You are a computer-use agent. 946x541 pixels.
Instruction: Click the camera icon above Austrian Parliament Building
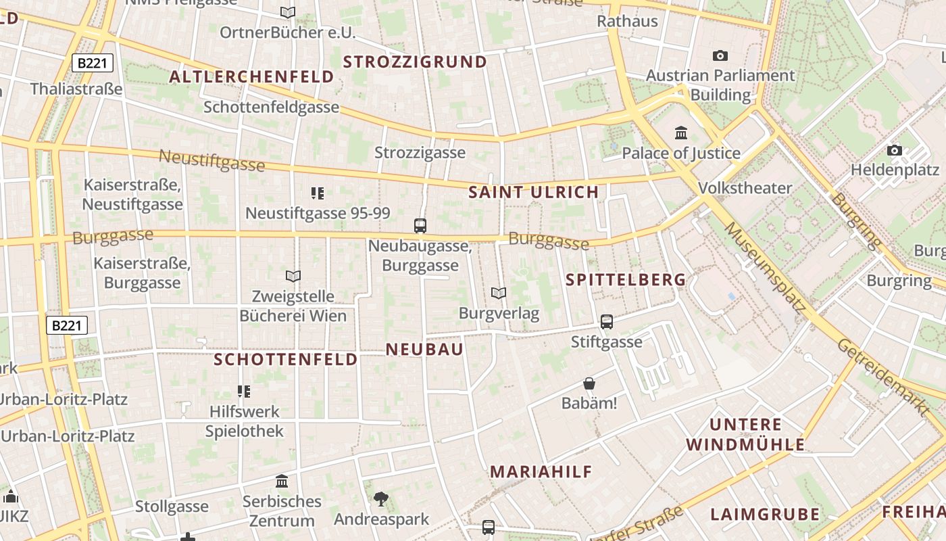pos(720,55)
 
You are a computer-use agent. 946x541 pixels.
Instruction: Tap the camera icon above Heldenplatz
pos(895,150)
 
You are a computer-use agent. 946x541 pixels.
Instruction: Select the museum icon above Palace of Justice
pos(681,133)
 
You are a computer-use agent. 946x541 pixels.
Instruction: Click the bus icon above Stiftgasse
pos(607,322)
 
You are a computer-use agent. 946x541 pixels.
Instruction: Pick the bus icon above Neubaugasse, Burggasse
pos(420,226)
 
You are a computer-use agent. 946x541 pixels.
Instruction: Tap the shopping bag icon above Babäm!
pos(589,383)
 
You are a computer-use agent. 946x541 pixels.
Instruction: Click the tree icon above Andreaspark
pos(381,500)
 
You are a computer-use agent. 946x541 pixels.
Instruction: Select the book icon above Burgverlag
pos(499,293)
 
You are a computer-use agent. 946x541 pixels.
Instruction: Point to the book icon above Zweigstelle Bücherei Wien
pos(293,276)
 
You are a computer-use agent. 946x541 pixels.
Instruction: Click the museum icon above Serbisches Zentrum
pos(282,481)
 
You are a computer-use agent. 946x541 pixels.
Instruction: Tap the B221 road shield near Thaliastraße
pos(93,64)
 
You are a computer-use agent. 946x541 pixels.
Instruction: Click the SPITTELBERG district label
pos(626,279)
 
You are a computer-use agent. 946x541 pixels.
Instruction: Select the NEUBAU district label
pos(424,349)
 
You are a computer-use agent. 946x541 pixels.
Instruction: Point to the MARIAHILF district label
pos(541,472)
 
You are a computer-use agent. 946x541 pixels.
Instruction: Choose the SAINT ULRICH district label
pos(534,192)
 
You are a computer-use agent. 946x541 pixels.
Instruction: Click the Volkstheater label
pos(745,187)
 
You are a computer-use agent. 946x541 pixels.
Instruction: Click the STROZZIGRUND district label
pos(415,62)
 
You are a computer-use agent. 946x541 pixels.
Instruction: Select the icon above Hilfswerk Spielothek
pos(244,391)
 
